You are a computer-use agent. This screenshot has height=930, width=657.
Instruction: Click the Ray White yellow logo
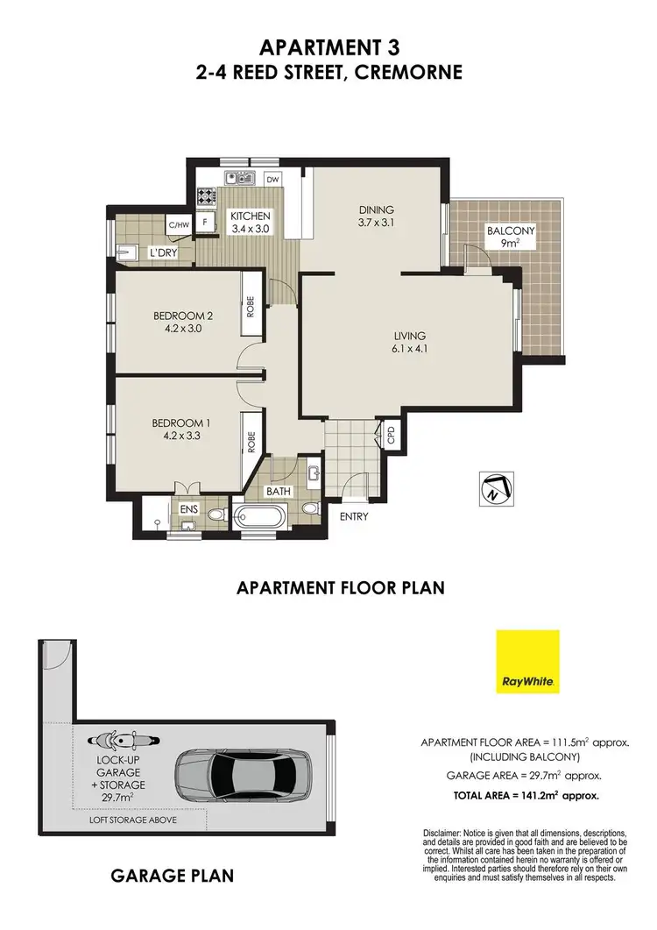click(526, 661)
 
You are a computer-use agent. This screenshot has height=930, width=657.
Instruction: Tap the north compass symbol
click(493, 489)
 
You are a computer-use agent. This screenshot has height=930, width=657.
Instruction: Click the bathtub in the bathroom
click(258, 515)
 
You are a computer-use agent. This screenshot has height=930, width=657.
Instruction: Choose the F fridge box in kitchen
click(205, 223)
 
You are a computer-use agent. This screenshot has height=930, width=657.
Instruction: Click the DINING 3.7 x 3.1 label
click(377, 217)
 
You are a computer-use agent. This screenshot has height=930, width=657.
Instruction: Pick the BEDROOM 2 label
click(183, 323)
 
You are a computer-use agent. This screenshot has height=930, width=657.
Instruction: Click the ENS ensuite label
click(188, 508)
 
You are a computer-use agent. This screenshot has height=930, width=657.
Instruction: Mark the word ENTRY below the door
click(353, 516)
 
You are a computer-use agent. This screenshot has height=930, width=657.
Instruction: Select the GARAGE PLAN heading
click(172, 876)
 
